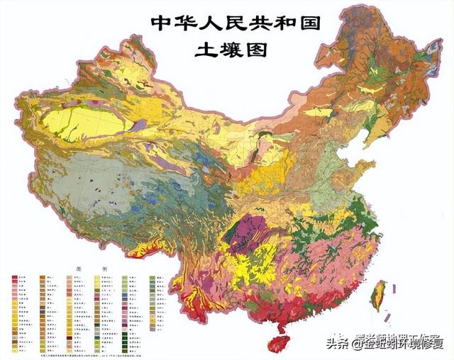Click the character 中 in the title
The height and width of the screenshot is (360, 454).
[161, 23]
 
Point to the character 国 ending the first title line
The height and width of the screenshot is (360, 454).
[309, 23]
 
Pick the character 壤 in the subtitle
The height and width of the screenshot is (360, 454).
[235, 50]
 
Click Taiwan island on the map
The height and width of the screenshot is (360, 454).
[379, 293]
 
